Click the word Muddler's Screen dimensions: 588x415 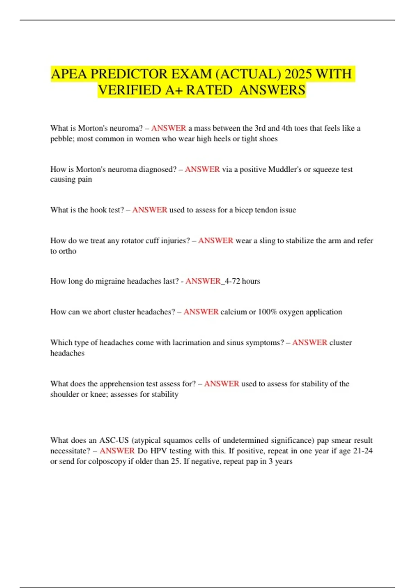(285, 169)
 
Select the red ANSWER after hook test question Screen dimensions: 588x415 (150, 210)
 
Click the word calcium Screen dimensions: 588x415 (233, 312)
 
